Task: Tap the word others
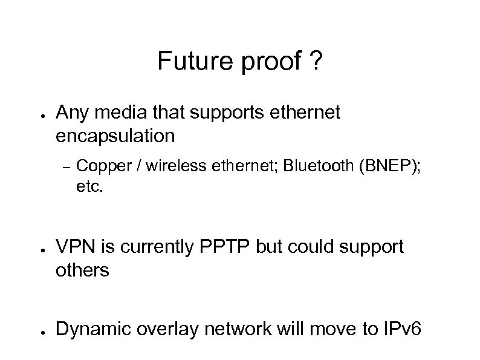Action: tap(82, 270)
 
